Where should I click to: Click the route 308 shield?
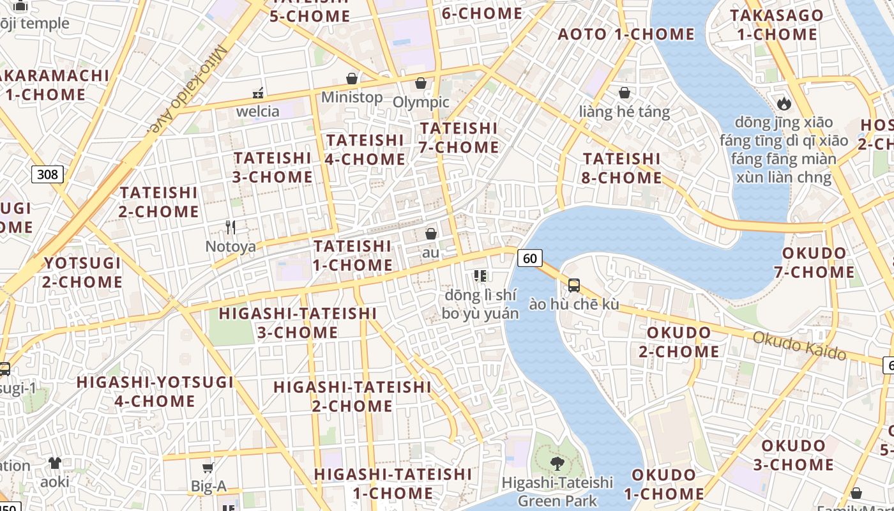click(48, 174)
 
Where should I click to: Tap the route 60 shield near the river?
click(529, 258)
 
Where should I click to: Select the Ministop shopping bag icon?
click(351, 79)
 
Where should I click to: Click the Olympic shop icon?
click(421, 83)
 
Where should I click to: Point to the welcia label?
click(257, 111)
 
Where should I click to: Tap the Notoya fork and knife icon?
click(231, 227)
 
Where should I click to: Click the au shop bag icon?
click(431, 234)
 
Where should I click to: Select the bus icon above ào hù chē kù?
click(574, 285)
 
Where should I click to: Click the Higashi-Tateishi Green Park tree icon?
click(557, 463)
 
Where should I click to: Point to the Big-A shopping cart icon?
click(208, 468)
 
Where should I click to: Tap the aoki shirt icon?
click(55, 462)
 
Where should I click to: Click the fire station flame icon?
click(784, 103)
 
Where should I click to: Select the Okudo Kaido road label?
click(799, 346)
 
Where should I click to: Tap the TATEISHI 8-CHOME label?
click(621, 167)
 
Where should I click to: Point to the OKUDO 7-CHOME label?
click(814, 263)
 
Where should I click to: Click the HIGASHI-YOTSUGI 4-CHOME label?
click(155, 392)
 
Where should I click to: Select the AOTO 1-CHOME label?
click(626, 34)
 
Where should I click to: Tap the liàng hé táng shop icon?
click(624, 93)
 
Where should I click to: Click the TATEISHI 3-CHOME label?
click(273, 167)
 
